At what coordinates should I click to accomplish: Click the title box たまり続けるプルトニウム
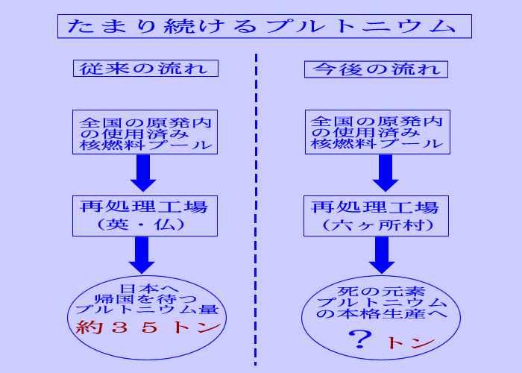[265, 25]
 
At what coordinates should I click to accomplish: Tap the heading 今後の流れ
[376, 69]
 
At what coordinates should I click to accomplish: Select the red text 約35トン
[149, 327]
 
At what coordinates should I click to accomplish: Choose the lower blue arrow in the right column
[383, 254]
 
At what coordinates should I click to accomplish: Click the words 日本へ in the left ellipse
[148, 288]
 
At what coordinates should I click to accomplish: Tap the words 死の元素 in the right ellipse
[380, 290]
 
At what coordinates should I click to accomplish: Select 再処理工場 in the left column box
[145, 207]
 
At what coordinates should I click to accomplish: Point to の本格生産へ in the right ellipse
[380, 314]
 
